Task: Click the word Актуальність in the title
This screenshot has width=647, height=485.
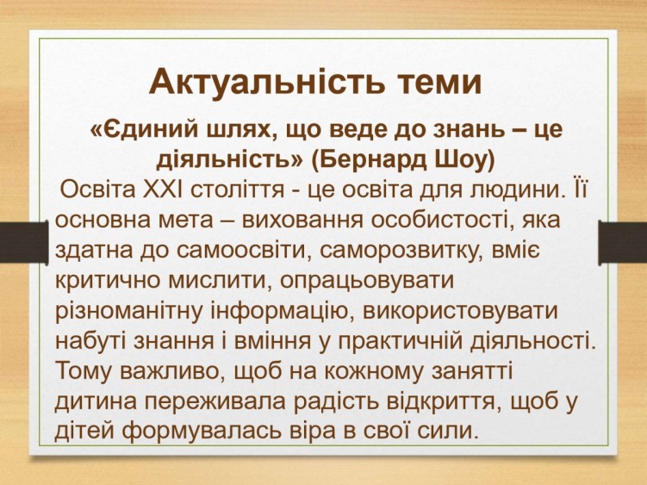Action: [267, 81]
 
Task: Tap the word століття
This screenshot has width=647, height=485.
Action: [238, 190]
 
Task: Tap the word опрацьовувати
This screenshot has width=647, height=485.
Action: [367, 281]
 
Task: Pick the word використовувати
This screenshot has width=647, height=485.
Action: [460, 311]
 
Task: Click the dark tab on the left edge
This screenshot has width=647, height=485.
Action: [24, 242]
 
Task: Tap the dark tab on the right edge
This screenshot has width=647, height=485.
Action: [623, 242]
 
